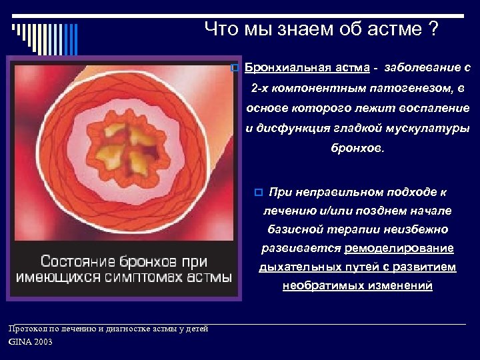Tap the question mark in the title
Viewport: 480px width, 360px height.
tap(434, 29)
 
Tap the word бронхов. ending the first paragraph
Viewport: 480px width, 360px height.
tap(358, 148)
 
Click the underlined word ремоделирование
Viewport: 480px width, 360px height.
tap(399, 248)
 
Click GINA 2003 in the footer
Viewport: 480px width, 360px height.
tap(30, 342)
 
